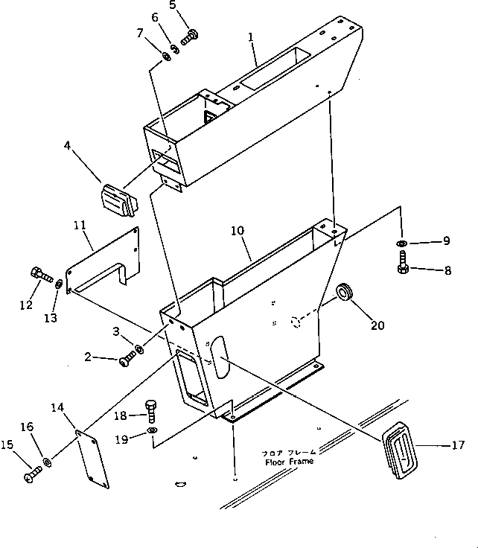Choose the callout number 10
pos(236,232)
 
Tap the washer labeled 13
pos(60,283)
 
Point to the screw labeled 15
pos(33,471)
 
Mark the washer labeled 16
pos(47,463)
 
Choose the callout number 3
pos(116,331)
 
